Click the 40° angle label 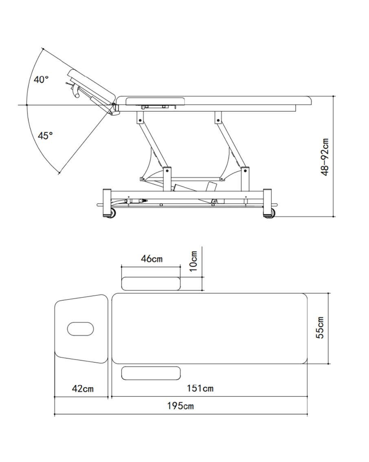(x=41, y=79)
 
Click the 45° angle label (x=45, y=136)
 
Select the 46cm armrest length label (x=152, y=259)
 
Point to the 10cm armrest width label (x=193, y=261)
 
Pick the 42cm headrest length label (x=83, y=389)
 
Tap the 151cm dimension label (x=200, y=388)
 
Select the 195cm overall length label (x=180, y=406)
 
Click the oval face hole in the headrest (x=81, y=329)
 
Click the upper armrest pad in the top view (x=151, y=284)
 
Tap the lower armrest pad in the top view (x=151, y=373)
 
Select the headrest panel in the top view (x=81, y=329)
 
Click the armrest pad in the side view (x=156, y=101)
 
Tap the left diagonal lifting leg (x=153, y=144)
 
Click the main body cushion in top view (x=210, y=328)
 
